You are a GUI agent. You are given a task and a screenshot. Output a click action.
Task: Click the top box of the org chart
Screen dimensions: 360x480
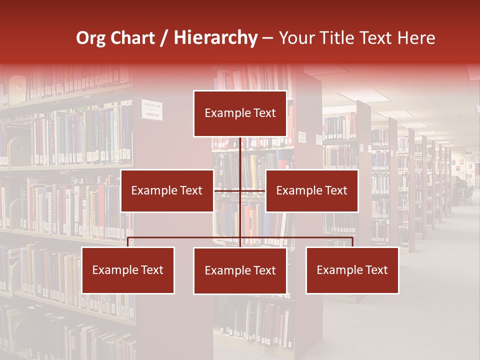[240, 113]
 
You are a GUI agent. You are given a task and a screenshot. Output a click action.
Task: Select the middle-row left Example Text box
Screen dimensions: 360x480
[167, 190]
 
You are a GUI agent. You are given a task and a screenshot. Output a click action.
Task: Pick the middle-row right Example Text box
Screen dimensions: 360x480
[311, 190]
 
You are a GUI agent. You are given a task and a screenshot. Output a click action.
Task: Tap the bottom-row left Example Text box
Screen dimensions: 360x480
[128, 270]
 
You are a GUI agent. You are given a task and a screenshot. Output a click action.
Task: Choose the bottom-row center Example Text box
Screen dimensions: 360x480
[240, 270]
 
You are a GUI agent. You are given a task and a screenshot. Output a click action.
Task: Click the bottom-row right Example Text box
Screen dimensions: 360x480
[352, 270]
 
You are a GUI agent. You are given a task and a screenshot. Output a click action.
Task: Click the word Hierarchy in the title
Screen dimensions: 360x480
[215, 38]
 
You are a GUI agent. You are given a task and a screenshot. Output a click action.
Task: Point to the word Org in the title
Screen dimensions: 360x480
[90, 38]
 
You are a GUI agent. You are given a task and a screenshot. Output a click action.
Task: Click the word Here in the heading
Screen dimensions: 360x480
[416, 38]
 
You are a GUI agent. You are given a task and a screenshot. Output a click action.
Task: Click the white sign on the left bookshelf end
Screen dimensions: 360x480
[151, 110]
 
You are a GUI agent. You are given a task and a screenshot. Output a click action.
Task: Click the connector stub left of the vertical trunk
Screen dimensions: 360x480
[227, 190]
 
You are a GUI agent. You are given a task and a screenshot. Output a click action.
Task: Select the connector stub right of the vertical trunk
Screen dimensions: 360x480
[253, 190]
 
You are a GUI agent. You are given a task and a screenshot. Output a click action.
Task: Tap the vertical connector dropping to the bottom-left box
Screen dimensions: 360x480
[128, 242]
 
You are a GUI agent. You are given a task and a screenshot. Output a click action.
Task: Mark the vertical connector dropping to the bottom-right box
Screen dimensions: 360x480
[352, 242]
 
